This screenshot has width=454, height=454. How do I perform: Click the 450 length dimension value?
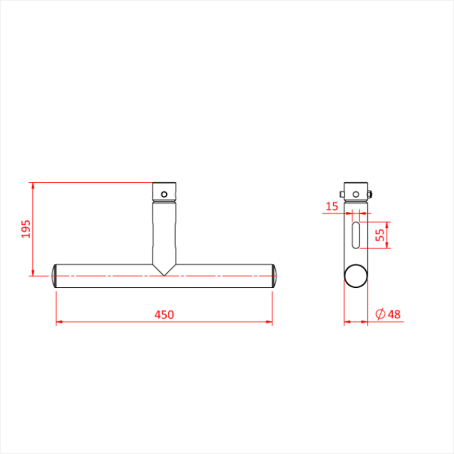(x=164, y=314)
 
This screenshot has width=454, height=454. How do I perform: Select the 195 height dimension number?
(x=26, y=229)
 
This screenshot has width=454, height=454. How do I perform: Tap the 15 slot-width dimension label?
(x=332, y=206)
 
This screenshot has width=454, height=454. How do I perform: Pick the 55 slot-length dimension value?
(x=380, y=235)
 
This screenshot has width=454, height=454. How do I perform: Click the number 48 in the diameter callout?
(x=394, y=314)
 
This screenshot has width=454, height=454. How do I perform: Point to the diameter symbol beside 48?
(x=380, y=314)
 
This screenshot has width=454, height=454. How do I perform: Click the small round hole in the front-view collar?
(x=164, y=194)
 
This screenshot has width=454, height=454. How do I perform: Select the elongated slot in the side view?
(x=356, y=235)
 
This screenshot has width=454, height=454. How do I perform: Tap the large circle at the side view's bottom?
(x=356, y=276)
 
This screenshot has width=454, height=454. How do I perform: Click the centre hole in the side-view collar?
(x=356, y=194)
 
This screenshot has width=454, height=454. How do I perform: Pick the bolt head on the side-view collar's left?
(x=342, y=194)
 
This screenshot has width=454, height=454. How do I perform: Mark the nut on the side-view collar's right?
(x=369, y=193)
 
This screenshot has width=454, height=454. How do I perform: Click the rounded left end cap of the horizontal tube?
(x=54, y=276)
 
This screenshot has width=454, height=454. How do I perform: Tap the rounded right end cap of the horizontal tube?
(x=274, y=276)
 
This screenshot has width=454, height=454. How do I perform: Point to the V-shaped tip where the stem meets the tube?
(x=164, y=274)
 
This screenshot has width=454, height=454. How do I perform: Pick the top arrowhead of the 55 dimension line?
(x=387, y=224)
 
